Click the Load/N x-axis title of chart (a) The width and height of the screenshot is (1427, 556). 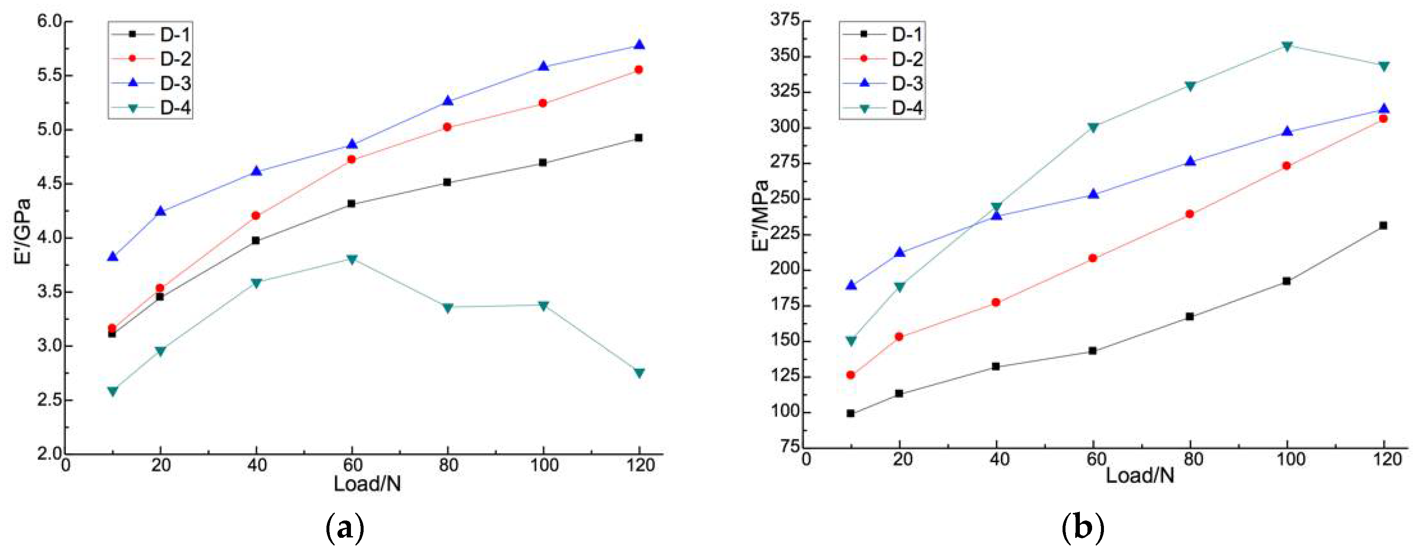[x=367, y=484]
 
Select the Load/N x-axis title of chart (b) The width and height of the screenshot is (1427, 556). [x=1139, y=475]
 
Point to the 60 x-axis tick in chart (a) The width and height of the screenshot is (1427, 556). [x=352, y=465]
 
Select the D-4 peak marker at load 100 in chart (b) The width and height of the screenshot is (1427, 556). [x=1287, y=46]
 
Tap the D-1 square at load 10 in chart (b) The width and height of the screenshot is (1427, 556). [x=851, y=414]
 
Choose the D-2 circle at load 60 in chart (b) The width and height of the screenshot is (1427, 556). [x=1093, y=258]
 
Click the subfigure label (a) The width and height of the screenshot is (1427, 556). [x=345, y=528]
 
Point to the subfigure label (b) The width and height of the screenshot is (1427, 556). [x=1082, y=528]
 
